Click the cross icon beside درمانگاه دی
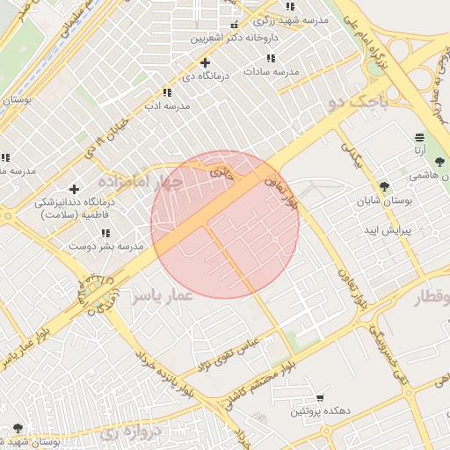(205, 62)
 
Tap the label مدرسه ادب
(166, 105)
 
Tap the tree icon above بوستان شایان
(384, 185)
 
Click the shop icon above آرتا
(419, 137)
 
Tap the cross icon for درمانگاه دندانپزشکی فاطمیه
(74, 189)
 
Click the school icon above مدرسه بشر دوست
(105, 233)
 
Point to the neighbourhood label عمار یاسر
(162, 297)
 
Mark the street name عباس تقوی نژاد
(228, 352)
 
